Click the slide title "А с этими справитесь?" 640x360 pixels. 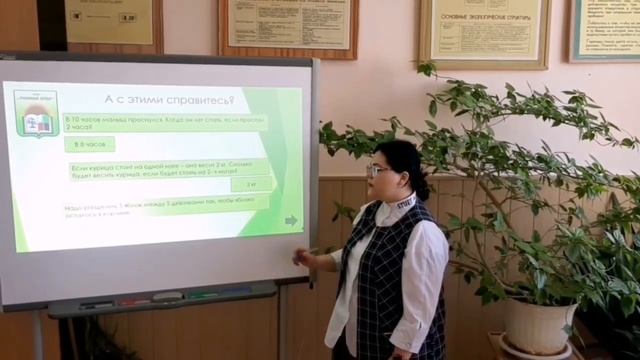[169, 100]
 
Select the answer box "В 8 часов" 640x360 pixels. [90, 144]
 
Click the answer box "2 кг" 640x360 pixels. [250, 184]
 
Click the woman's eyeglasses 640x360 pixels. [379, 170]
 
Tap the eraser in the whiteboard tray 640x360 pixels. [167, 297]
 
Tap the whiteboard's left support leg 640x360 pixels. [39, 335]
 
